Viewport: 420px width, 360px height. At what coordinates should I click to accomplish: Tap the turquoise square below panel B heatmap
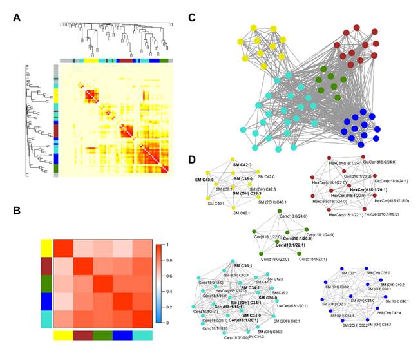tap(143, 336)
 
